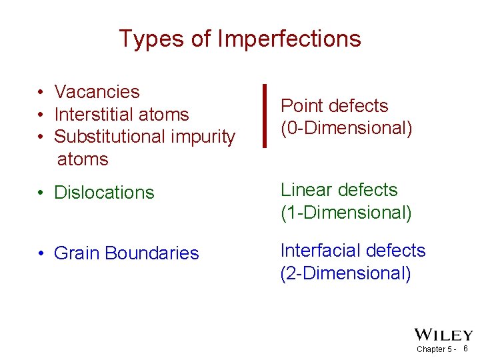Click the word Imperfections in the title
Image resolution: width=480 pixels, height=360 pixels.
[x=289, y=39]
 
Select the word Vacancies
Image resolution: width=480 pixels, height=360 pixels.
[x=97, y=92]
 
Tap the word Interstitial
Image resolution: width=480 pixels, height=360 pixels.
[x=98, y=115]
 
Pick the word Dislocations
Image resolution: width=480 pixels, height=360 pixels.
[x=103, y=193]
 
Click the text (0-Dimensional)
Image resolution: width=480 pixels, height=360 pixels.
[x=346, y=128]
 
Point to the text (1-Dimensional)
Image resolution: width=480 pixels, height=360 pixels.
[x=346, y=213]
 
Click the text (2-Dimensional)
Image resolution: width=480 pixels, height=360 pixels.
[x=346, y=273]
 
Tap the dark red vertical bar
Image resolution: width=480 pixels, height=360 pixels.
[x=265, y=115]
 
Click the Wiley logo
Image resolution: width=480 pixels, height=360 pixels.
[x=443, y=335]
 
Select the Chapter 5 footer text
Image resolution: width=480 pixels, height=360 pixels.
[x=435, y=349]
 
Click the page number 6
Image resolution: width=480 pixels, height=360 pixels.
[x=465, y=349]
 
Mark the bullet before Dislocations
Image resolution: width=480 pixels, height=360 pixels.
[x=41, y=193]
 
